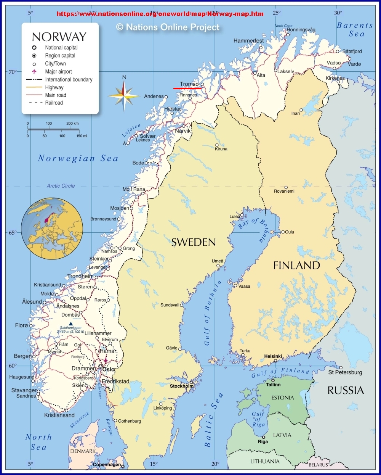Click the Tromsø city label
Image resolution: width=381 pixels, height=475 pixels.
click(x=189, y=84)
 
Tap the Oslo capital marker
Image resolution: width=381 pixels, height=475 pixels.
click(x=101, y=366)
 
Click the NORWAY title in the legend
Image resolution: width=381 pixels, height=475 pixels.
click(x=59, y=37)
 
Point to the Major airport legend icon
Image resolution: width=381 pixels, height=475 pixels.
click(x=34, y=71)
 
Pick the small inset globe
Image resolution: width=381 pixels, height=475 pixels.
click(x=52, y=229)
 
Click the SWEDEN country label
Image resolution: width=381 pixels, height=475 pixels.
click(x=193, y=242)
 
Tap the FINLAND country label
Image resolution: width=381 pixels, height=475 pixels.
click(x=296, y=266)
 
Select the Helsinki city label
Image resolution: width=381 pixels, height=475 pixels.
click(x=273, y=356)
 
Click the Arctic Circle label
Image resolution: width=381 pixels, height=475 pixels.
click(x=61, y=186)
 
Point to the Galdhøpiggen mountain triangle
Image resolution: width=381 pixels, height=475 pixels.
click(x=70, y=324)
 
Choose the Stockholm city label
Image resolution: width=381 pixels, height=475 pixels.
click(x=181, y=386)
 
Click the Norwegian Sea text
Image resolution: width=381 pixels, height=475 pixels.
click(x=78, y=158)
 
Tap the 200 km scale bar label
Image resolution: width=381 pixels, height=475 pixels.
click(x=72, y=124)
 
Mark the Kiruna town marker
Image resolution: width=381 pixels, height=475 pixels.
click(x=217, y=145)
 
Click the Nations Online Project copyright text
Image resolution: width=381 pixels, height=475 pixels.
click(x=168, y=27)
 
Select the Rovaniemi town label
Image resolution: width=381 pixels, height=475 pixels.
click(x=284, y=191)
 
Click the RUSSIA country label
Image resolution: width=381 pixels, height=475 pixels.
click(x=346, y=390)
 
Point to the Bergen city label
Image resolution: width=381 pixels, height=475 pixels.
click(x=23, y=356)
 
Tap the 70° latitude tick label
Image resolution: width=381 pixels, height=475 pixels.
click(x=13, y=72)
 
